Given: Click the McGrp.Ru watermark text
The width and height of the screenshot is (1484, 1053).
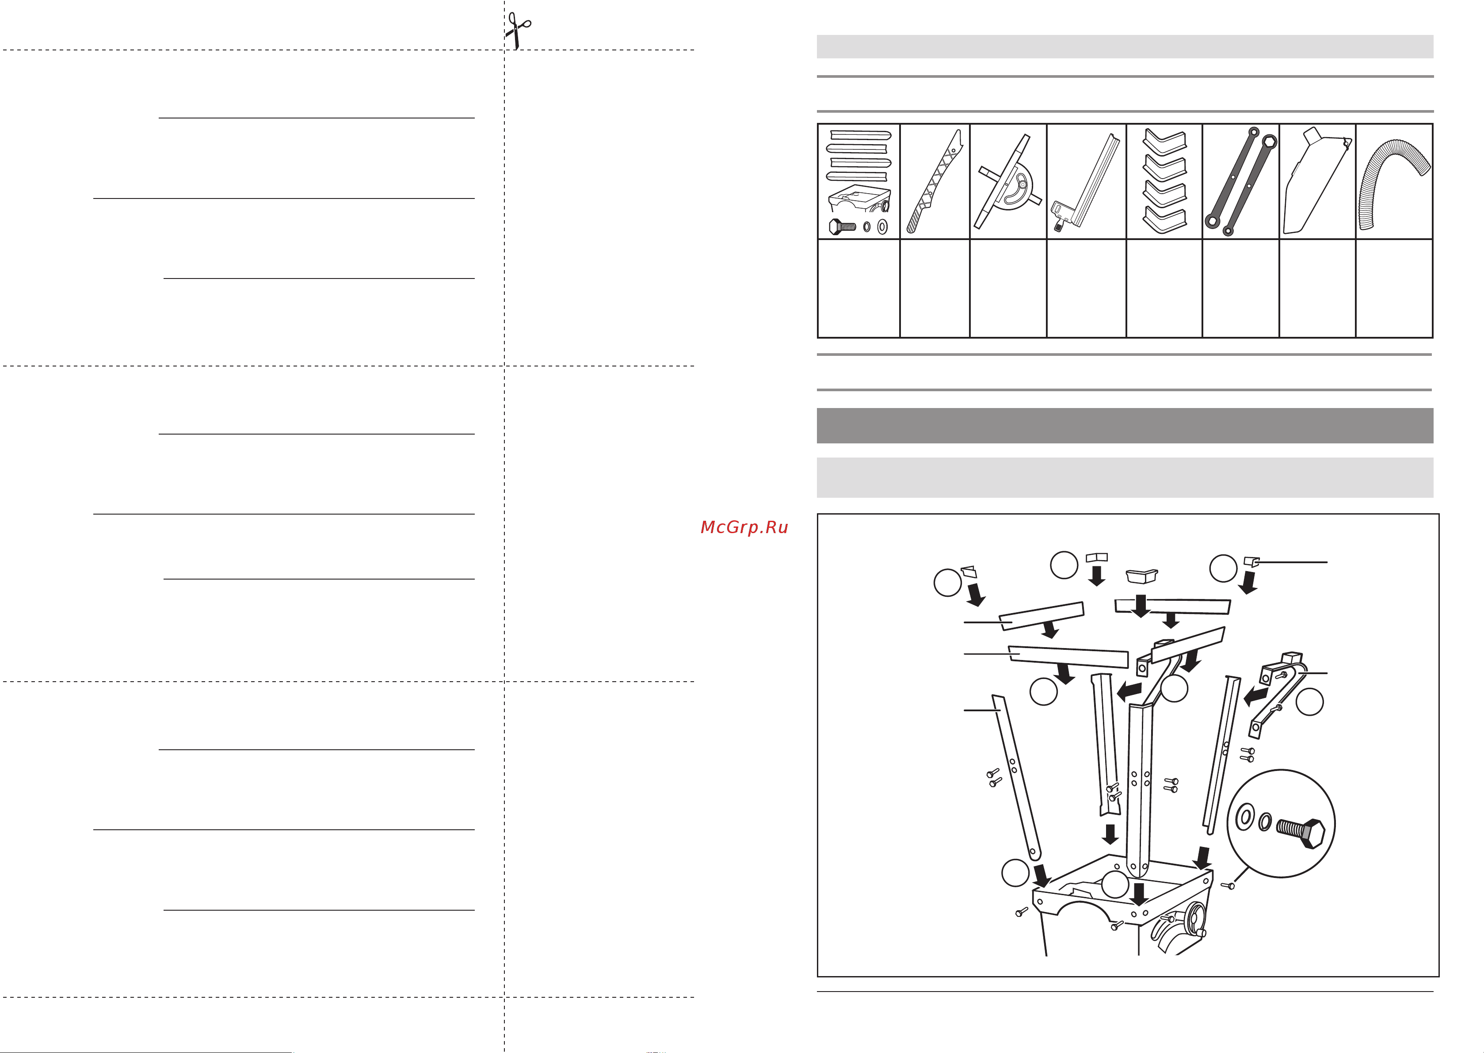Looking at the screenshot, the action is click(x=744, y=527).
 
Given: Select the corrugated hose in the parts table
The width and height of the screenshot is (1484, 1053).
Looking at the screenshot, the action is click(x=1394, y=183).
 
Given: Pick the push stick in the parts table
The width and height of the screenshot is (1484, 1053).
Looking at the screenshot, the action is click(x=934, y=181).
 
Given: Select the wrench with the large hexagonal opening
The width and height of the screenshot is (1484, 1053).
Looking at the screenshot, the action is click(x=1241, y=181).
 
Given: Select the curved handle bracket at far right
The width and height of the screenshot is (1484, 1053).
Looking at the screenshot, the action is click(x=1276, y=693).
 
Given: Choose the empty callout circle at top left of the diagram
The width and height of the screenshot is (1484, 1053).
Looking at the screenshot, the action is click(x=947, y=582).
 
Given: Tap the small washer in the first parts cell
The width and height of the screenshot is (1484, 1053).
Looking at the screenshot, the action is click(x=867, y=227).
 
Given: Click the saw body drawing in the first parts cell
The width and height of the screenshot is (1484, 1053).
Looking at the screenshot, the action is click(x=859, y=201).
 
